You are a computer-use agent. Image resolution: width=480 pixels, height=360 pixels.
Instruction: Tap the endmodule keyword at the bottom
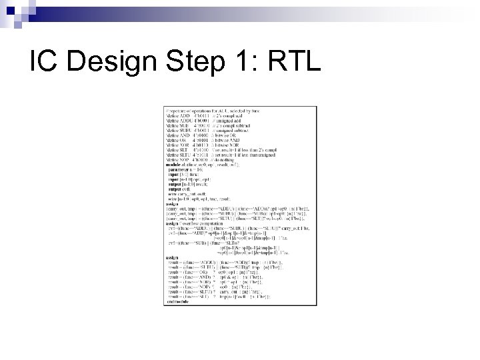tap(176, 301)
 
